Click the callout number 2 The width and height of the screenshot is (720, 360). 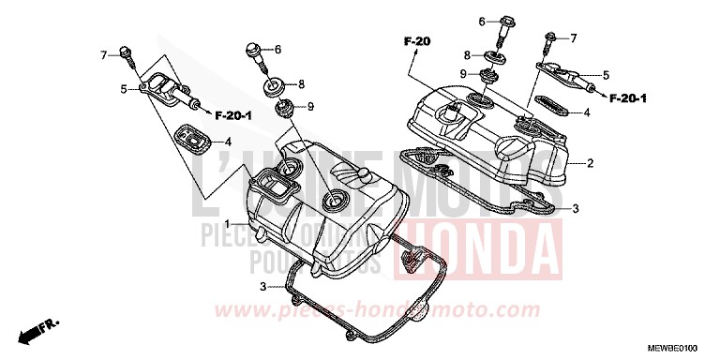point(591,163)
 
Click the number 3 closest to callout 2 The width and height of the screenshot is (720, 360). point(577,208)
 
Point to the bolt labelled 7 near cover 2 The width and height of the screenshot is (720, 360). point(549,38)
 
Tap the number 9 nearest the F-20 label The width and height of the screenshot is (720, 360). point(462,73)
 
